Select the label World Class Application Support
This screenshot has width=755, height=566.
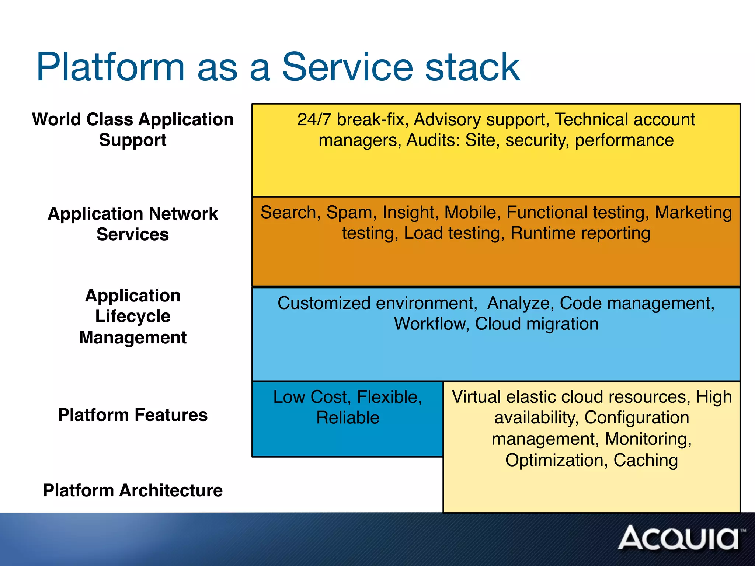[133, 130]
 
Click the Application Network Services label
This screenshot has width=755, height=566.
[133, 224]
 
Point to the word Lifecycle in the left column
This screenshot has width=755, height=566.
[133, 316]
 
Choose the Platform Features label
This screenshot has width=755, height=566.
[133, 415]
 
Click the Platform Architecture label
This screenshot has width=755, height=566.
[133, 490]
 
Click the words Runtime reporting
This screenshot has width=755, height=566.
[580, 233]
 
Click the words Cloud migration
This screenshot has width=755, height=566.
[536, 324]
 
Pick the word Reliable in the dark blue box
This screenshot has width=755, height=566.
[348, 418]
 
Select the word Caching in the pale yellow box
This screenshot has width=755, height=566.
[646, 460]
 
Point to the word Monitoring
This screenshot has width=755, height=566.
[648, 439]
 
